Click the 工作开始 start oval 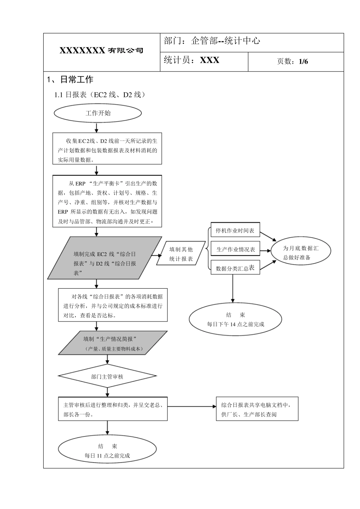pyautogui.click(x=98, y=113)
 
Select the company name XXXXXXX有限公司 pyautogui.click(x=102, y=51)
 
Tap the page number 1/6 pyautogui.click(x=303, y=61)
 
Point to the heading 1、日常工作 pyautogui.click(x=70, y=80)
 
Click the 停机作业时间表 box pyautogui.click(x=235, y=230)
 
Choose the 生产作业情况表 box pyautogui.click(x=235, y=249)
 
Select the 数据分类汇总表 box pyautogui.click(x=235, y=268)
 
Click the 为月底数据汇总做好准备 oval pyautogui.click(x=301, y=253)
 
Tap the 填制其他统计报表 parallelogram pyautogui.click(x=181, y=254)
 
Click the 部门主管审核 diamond pyautogui.click(x=107, y=376)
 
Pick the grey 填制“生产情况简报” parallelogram pyautogui.click(x=113, y=343)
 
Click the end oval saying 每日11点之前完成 pyautogui.click(x=107, y=451)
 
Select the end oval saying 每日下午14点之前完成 pyautogui.click(x=235, y=319)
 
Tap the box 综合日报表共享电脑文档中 pyautogui.click(x=257, y=409)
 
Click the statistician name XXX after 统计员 pyautogui.click(x=210, y=61)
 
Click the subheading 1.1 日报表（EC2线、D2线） pyautogui.click(x=100, y=95)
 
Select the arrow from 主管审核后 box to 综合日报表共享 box pyautogui.click(x=191, y=407)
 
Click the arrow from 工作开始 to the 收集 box pyautogui.click(x=97, y=128)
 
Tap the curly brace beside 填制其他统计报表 pyautogui.click(x=208, y=249)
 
